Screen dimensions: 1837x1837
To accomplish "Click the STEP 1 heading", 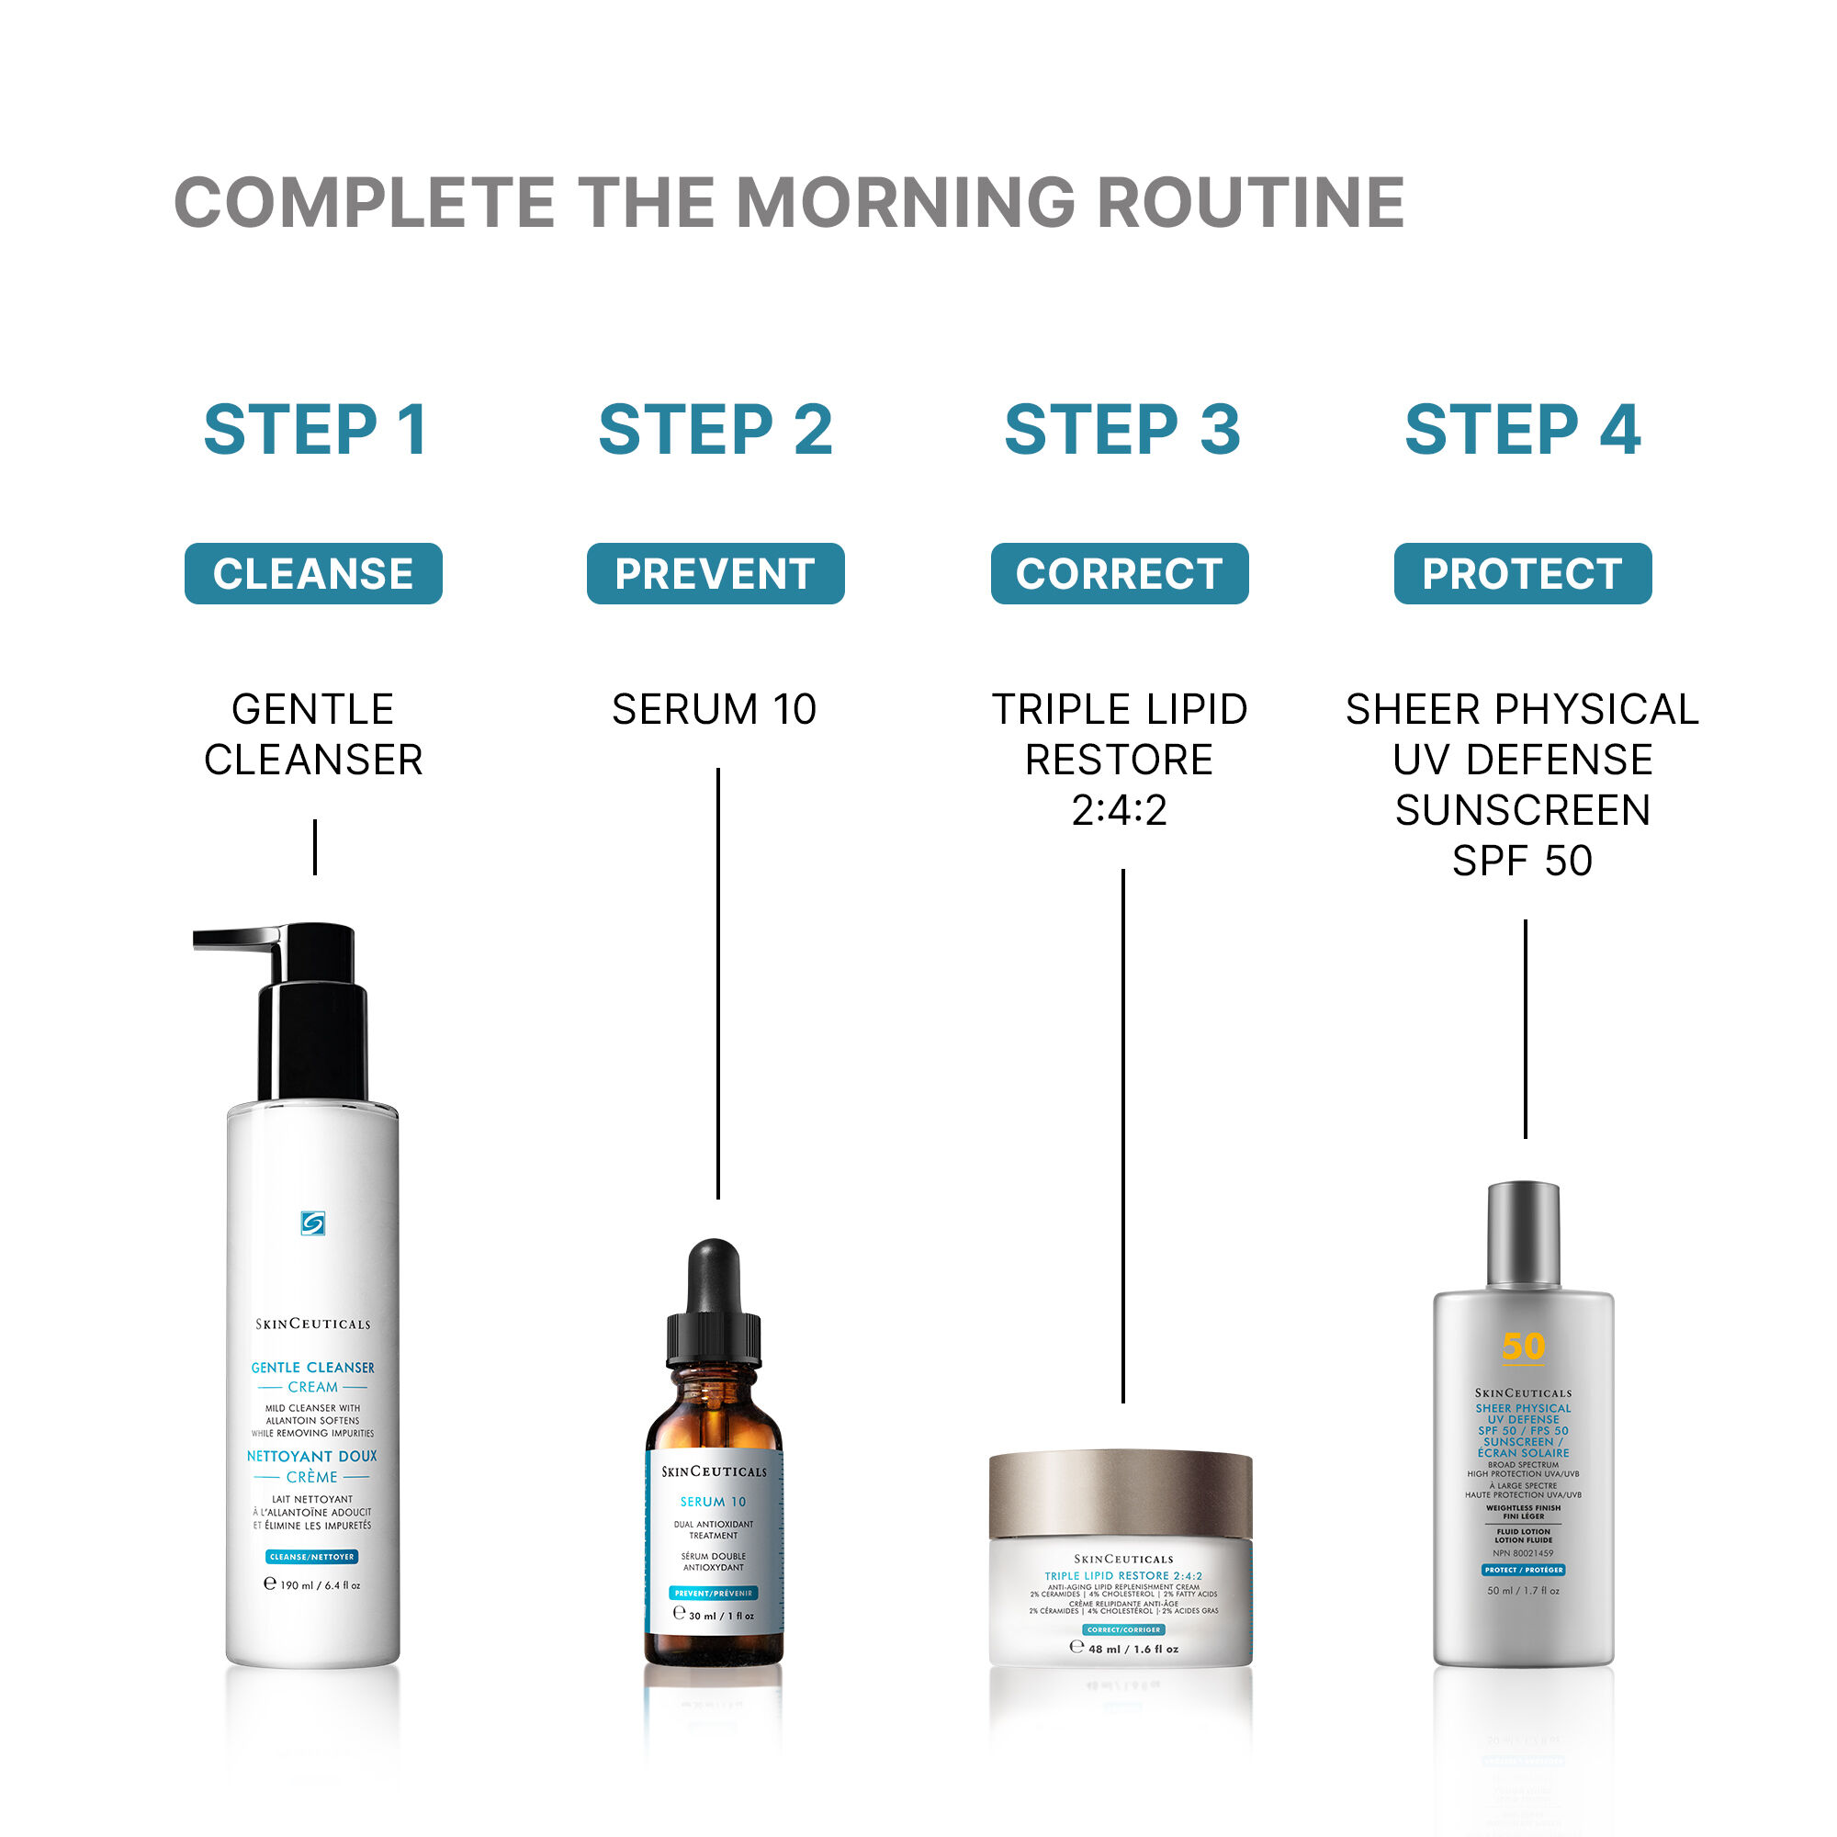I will click(315, 430).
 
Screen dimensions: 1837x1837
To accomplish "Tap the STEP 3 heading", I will click(1122, 430).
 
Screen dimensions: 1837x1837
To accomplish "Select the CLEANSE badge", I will click(313, 573).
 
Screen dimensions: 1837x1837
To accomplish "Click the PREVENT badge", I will click(715, 573).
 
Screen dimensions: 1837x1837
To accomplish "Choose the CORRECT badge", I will click(1119, 573).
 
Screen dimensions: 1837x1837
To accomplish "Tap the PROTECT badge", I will click(1522, 573).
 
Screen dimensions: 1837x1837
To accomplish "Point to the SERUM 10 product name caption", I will click(714, 709).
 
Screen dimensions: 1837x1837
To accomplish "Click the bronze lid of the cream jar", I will click(1120, 1493).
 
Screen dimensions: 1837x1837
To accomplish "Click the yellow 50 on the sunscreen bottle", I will click(1523, 1347).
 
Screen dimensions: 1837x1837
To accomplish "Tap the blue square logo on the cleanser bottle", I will click(313, 1223).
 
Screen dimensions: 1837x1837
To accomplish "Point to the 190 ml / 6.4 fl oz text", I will click(313, 1585).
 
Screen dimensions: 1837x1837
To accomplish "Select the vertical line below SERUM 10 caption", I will click(718, 979).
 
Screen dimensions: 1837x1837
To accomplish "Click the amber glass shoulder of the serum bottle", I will click(714, 1416).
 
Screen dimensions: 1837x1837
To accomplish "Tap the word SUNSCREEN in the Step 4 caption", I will click(1522, 810).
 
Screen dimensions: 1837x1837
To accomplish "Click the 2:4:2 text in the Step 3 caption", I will click(1119, 810).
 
